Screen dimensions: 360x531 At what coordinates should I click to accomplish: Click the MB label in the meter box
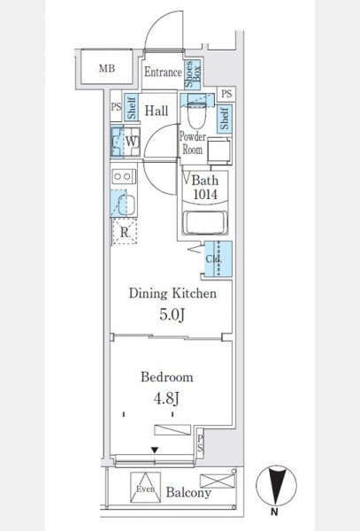107,68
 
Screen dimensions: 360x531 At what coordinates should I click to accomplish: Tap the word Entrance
163,72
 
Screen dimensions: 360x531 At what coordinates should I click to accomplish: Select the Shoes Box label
193,73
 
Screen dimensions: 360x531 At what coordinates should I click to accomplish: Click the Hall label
157,111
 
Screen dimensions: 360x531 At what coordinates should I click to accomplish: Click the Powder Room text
193,142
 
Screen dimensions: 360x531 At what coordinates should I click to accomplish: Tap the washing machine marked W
126,142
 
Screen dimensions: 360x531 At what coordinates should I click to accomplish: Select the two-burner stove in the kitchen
124,177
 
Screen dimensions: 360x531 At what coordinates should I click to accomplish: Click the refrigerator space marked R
125,232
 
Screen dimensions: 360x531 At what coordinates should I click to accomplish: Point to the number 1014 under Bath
205,195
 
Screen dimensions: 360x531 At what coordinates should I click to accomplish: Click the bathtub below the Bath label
205,222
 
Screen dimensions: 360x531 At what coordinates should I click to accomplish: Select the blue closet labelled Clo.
218,259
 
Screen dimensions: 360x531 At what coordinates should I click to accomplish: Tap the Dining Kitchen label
172,293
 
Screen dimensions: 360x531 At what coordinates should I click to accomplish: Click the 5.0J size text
172,315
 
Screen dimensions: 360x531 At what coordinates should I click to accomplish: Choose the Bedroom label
167,377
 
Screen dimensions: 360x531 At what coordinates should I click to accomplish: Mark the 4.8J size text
166,398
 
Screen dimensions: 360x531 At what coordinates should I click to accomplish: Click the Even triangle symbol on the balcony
146,488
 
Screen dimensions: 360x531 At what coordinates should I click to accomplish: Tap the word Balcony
188,492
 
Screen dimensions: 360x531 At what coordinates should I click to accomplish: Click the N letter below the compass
274,512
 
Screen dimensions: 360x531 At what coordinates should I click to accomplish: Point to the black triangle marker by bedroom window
155,450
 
